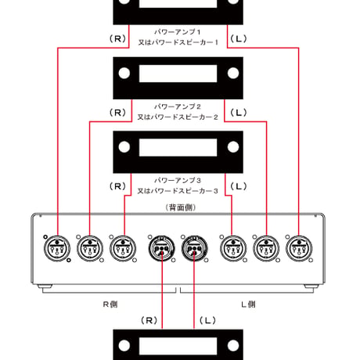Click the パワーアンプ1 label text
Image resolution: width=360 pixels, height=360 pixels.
[177, 32]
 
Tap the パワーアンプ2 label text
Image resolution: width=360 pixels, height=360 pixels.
[177, 106]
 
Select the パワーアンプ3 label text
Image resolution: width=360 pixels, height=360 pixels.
[177, 180]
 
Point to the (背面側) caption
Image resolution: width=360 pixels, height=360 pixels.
[181, 207]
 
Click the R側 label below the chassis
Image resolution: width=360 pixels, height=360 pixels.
[110, 304]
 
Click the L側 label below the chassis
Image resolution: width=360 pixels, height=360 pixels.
[248, 304]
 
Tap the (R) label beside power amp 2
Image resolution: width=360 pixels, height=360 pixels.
[117, 113]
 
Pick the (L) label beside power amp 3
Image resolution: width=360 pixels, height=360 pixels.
[239, 186]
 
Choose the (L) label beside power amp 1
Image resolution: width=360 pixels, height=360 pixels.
[239, 39]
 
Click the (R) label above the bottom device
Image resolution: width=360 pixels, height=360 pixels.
[149, 320]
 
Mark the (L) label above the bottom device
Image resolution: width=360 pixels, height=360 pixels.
[207, 320]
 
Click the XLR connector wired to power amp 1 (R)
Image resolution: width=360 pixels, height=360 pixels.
[57, 248]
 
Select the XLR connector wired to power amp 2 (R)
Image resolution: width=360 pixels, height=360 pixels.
[90, 248]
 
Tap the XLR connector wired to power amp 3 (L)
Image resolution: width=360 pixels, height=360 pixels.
[233, 248]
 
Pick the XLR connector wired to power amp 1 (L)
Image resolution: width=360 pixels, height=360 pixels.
[299, 248]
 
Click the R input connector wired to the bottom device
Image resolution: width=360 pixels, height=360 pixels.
[162, 248]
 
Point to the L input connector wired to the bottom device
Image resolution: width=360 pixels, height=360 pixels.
[194, 248]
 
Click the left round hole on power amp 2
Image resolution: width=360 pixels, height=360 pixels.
[124, 73]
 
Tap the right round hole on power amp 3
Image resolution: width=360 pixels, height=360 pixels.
[233, 147]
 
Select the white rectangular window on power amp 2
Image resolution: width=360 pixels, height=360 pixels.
[178, 74]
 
